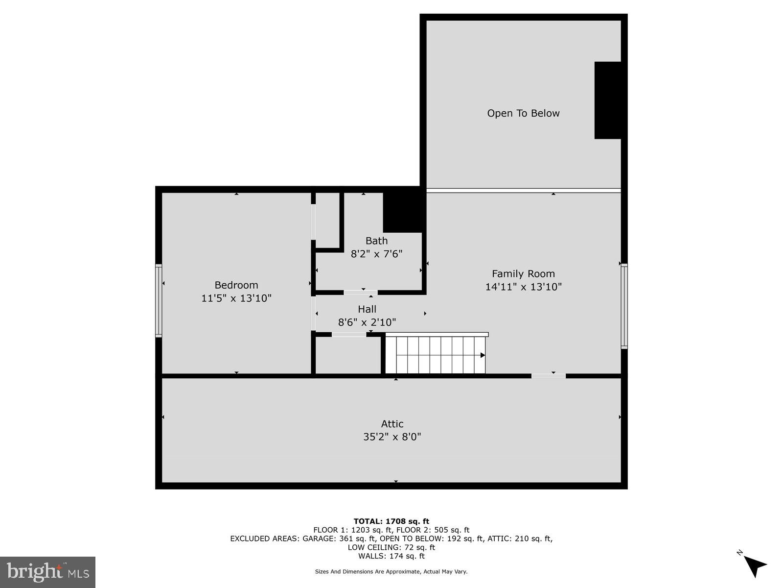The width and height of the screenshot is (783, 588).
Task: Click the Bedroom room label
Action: point(236,285)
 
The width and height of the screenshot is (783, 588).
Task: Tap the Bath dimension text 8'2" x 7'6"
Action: point(376,254)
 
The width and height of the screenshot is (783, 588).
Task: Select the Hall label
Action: point(367,309)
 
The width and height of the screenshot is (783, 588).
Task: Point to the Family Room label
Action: point(523,274)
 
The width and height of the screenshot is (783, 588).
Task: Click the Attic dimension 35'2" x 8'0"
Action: point(392,437)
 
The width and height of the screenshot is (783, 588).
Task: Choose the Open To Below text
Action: point(523,113)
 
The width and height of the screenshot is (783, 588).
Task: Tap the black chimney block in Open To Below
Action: point(607,100)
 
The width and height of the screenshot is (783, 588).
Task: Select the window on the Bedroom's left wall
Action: point(159,300)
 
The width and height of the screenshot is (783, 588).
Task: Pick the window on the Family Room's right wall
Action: point(624,306)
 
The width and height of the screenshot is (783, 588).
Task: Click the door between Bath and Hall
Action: point(361,293)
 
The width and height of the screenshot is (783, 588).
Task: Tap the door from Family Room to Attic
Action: point(548,376)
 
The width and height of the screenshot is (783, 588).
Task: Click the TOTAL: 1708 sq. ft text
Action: point(391,521)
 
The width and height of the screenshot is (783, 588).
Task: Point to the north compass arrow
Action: point(755,565)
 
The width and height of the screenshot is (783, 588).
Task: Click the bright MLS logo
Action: point(48,572)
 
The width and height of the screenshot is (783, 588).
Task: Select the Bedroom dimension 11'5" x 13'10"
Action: point(236,298)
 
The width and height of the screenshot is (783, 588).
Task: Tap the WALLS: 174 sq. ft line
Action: point(391,556)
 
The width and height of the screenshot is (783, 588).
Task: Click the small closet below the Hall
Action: point(348,355)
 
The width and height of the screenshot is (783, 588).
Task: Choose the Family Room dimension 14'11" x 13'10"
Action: point(523,287)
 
